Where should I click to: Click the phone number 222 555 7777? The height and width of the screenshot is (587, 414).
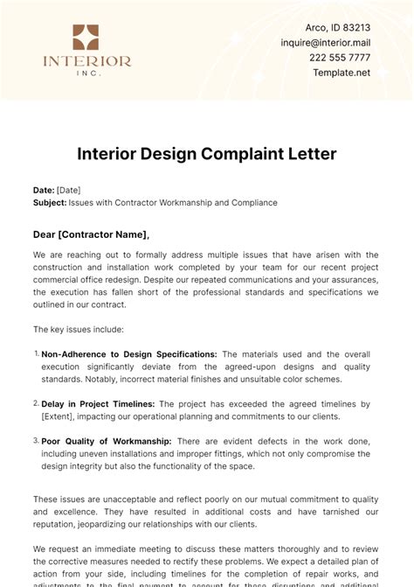(x=346, y=58)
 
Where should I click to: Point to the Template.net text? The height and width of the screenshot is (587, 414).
(x=342, y=73)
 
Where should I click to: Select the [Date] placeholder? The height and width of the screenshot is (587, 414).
(x=69, y=190)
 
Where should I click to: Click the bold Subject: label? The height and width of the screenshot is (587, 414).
(x=50, y=202)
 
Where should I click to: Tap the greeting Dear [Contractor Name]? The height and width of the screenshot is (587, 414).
(x=91, y=234)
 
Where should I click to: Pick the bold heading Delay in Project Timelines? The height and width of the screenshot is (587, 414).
(x=98, y=404)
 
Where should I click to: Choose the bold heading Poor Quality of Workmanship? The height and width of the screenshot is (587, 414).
(x=107, y=442)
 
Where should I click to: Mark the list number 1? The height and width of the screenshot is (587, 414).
(x=36, y=353)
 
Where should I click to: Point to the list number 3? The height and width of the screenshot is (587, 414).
(x=36, y=441)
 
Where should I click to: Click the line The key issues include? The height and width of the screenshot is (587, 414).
(x=78, y=330)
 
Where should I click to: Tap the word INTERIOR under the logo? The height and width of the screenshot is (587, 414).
(x=86, y=61)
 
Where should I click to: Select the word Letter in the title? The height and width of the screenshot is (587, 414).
(x=312, y=154)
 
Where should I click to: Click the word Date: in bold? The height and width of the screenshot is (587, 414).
(x=44, y=190)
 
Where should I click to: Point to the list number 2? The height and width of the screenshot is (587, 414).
(x=36, y=403)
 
